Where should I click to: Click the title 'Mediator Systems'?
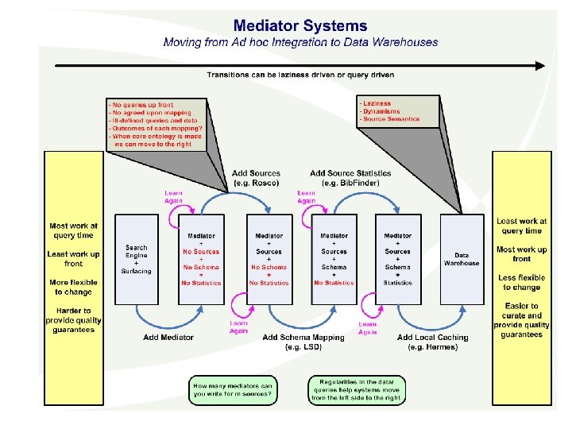300,26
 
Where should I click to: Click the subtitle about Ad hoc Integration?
300,42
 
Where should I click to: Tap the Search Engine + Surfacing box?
137,259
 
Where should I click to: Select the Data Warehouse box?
462,259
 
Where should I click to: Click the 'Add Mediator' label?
168,338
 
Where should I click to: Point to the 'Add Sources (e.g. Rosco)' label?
256,178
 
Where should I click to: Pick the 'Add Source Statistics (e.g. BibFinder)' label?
350,178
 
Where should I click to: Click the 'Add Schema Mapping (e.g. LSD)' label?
303,342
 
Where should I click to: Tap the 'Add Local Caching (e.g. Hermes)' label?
433,342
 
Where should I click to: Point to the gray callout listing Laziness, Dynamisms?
398,112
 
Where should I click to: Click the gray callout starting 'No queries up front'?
156,123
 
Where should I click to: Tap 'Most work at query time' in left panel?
74,230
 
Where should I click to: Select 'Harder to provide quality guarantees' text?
74,320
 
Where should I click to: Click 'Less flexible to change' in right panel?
521,282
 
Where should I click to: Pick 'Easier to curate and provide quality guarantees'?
521,320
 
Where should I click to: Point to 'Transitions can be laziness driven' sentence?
300,75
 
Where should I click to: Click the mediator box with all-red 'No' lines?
202,259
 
